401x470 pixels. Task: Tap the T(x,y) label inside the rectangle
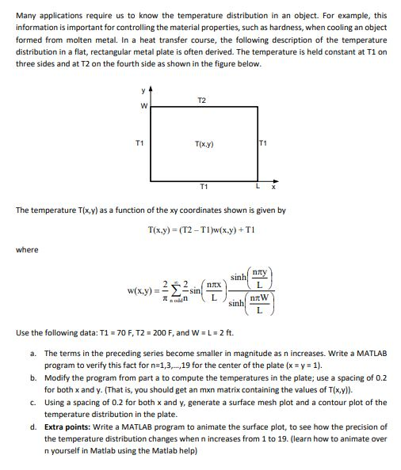204,144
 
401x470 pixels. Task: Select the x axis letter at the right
273,187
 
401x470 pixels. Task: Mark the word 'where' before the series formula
28,249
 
